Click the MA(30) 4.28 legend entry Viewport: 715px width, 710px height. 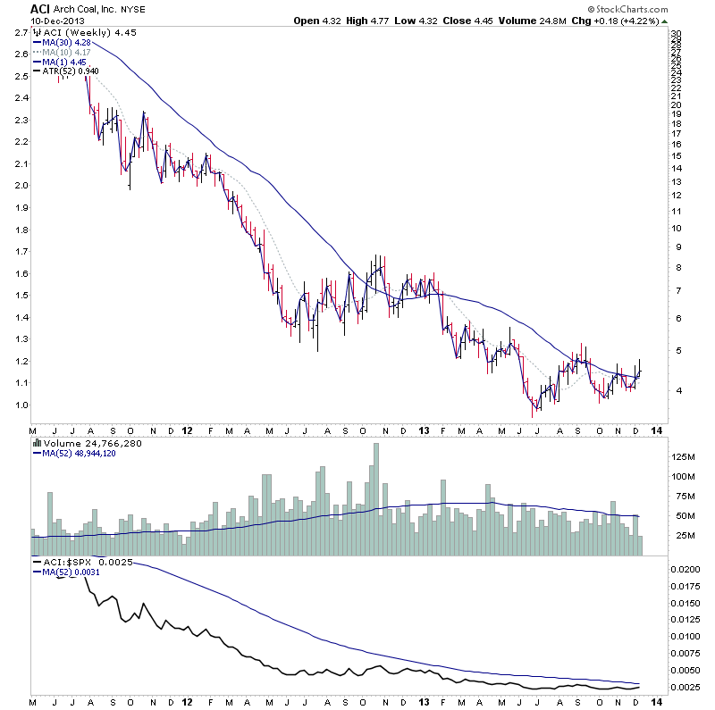click(x=62, y=42)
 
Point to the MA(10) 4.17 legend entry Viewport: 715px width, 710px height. click(x=62, y=51)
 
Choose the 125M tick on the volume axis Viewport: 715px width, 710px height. click(x=685, y=456)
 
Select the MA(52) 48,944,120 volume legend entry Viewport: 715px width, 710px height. click(x=77, y=453)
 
